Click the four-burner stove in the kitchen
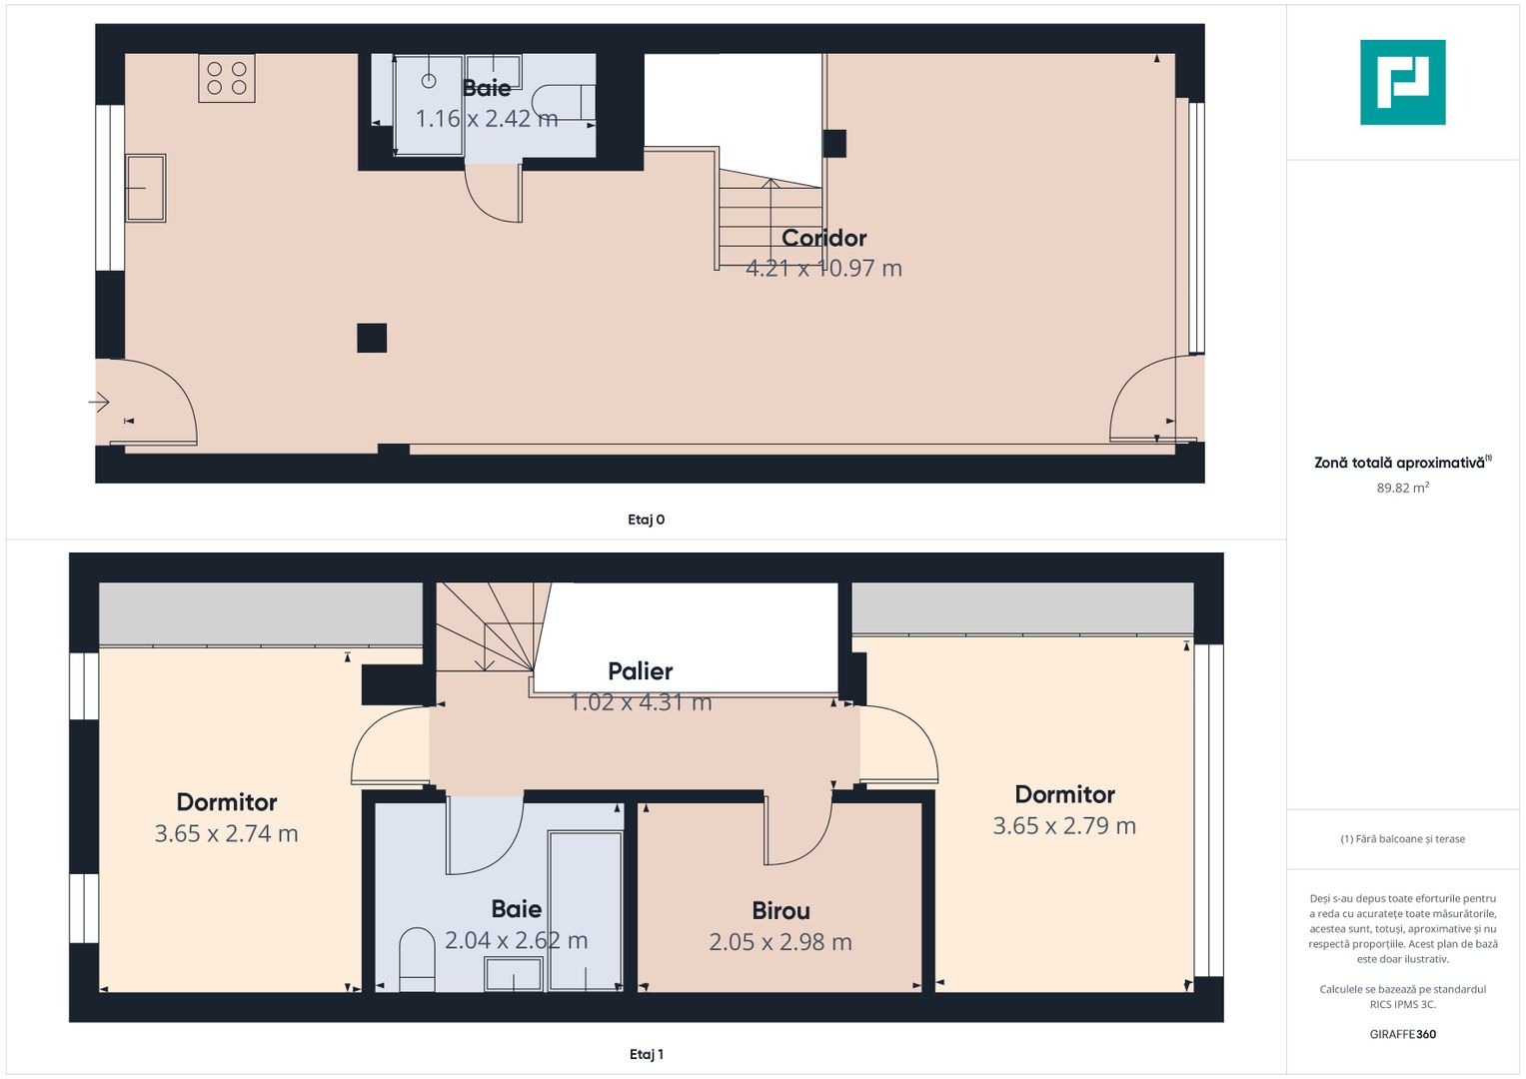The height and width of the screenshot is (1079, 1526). tap(227, 78)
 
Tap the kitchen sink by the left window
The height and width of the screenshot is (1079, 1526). tap(145, 188)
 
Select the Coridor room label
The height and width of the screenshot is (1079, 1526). tap(823, 238)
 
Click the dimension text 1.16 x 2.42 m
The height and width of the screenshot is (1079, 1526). tap(486, 119)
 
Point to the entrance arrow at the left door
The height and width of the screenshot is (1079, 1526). tap(99, 403)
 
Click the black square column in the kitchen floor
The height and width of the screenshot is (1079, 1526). tap(372, 338)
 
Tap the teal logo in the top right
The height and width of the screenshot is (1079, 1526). tap(1402, 82)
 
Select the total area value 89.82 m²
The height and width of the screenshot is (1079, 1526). tap(1402, 489)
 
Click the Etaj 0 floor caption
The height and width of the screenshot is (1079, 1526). tap(646, 520)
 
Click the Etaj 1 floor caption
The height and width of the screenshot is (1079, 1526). tap(646, 1054)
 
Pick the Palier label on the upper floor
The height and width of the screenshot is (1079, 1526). tap(640, 671)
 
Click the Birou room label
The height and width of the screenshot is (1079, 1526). tap(780, 911)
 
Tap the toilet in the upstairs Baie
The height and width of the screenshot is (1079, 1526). tap(417, 959)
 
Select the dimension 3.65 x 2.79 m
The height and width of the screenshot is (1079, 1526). tap(1064, 826)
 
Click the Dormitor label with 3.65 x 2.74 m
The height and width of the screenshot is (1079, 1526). tap(227, 802)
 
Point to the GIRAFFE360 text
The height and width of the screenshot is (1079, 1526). tap(1402, 1034)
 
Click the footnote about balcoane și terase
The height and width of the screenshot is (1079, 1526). tap(1402, 839)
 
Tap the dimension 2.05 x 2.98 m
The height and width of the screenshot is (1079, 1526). tap(780, 942)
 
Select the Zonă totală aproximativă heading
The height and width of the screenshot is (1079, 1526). tap(1401, 463)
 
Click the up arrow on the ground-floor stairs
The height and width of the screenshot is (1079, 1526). tap(769, 185)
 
